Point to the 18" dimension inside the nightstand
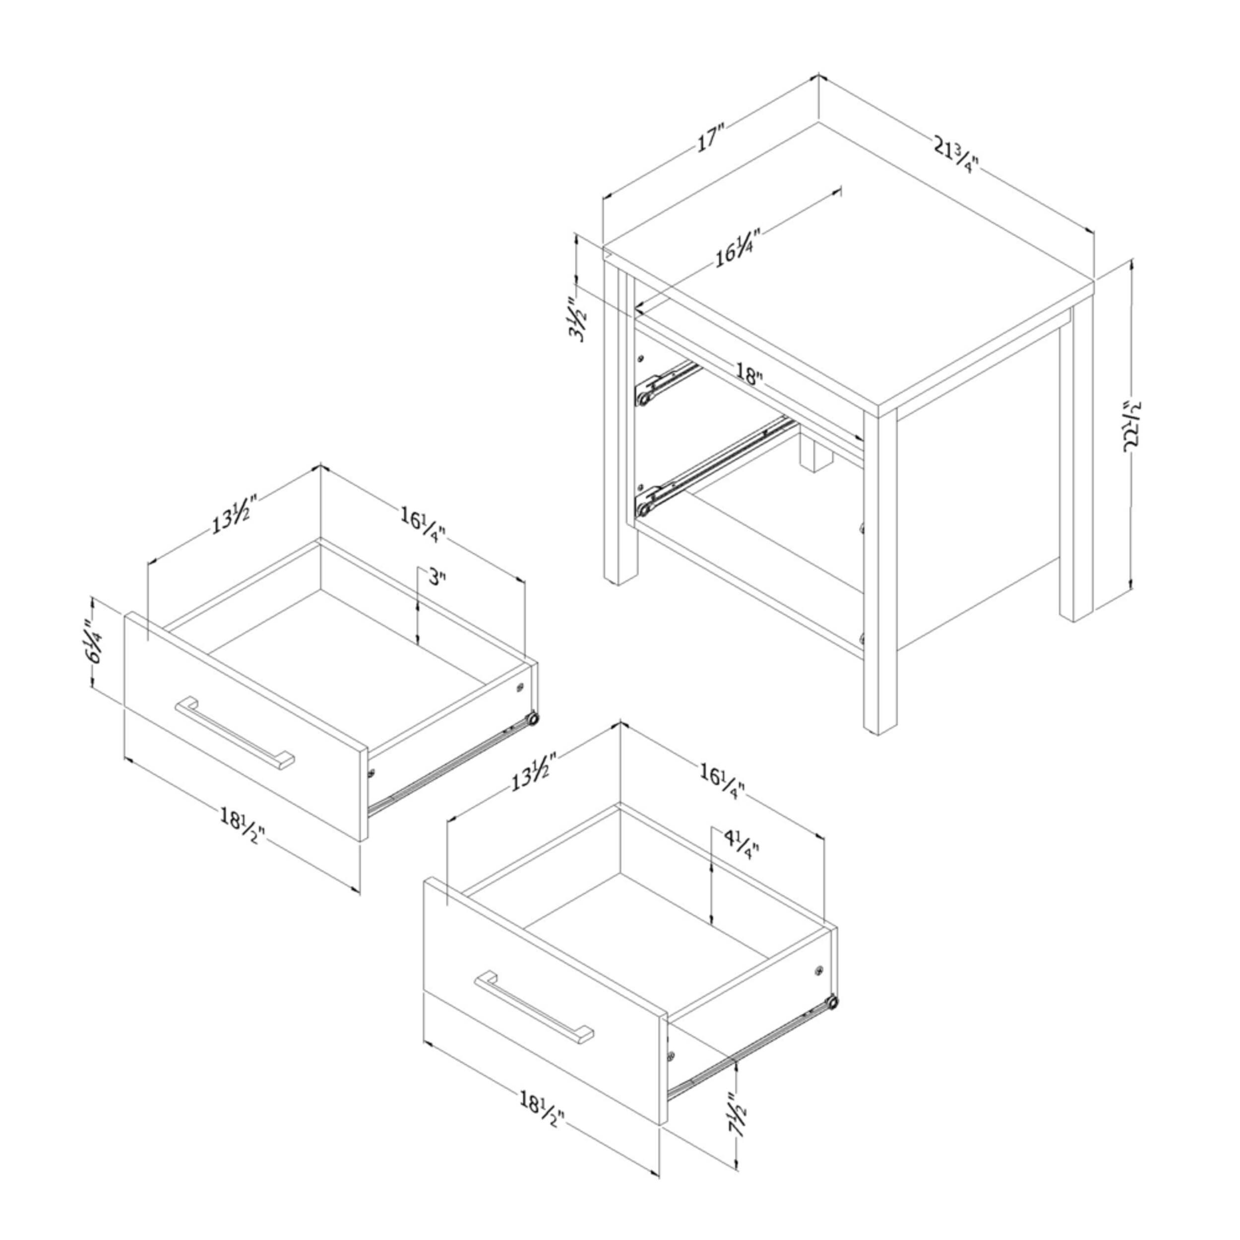pyautogui.click(x=749, y=373)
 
